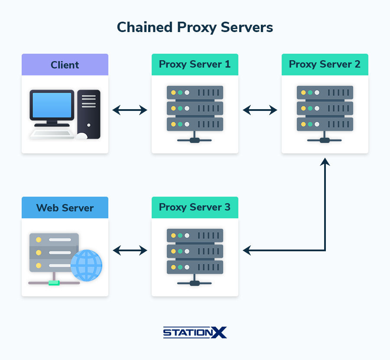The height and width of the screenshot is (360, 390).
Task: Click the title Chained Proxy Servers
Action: coord(195,27)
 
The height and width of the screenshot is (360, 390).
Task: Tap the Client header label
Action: coord(65,65)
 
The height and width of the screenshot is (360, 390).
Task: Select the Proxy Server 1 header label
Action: coord(195,65)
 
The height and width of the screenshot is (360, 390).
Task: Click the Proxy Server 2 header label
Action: coord(325,65)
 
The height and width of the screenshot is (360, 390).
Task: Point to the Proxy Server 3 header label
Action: coord(195,207)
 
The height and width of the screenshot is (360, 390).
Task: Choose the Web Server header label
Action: coord(65,208)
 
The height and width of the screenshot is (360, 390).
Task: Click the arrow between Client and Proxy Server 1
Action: coord(130,110)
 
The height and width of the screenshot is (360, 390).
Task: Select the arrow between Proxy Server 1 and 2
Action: coord(260,110)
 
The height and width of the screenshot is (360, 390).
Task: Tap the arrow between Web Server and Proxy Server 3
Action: coord(130,250)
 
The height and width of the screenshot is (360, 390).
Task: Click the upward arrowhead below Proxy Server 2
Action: coord(325,162)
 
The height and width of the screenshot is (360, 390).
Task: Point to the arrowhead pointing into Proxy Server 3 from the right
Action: coord(247,250)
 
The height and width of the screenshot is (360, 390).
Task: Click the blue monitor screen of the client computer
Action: coord(52,105)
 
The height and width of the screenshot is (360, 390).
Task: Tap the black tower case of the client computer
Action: coord(89,114)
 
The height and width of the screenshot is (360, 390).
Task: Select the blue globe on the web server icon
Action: coord(86,265)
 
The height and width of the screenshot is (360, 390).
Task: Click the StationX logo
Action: coord(195,332)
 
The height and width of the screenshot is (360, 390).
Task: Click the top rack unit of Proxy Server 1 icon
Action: coord(195,92)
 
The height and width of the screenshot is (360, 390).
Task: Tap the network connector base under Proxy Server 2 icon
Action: coord(325,140)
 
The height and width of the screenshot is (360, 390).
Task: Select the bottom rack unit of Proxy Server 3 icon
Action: coord(195,267)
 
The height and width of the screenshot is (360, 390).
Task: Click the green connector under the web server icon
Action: coord(54,283)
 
